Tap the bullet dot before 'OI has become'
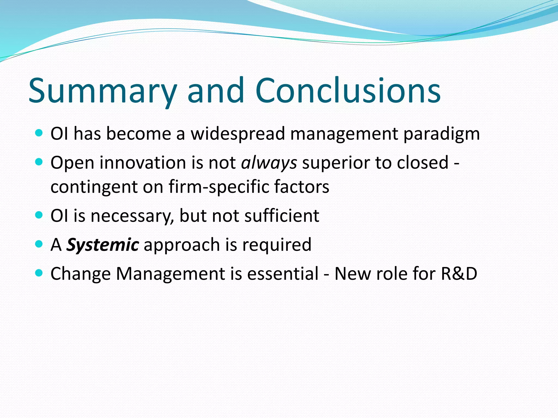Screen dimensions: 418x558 click(39, 133)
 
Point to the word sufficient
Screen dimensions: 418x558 click(282, 216)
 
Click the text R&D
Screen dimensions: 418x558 click(459, 273)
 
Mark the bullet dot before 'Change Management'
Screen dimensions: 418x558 click(39, 272)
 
